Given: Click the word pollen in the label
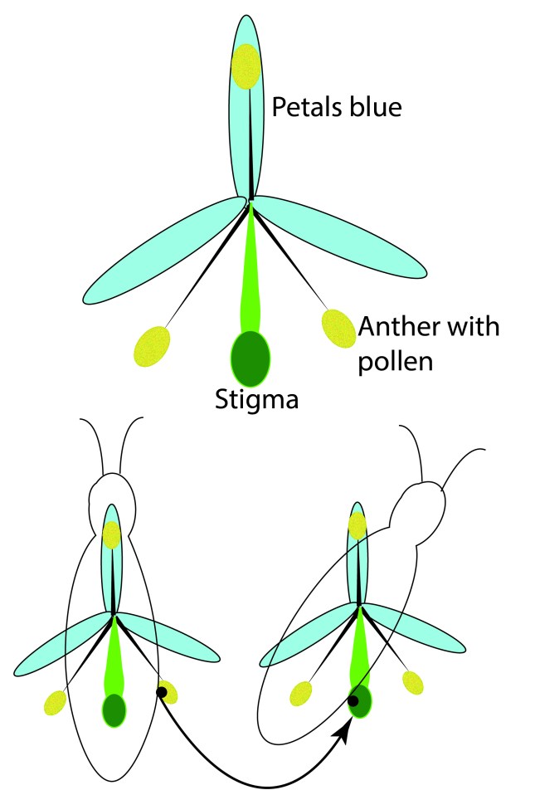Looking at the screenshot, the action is pyautogui.click(x=396, y=362).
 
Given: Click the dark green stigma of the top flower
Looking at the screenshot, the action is pyautogui.click(x=250, y=358).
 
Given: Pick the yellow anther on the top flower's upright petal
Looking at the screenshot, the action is pyautogui.click(x=246, y=66).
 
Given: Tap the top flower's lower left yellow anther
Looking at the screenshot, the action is pyautogui.click(x=152, y=346).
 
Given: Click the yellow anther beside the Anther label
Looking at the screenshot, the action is pyautogui.click(x=338, y=329).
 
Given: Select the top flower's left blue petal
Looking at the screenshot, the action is pyautogui.click(x=163, y=251).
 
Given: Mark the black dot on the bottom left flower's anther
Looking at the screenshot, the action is pyautogui.click(x=161, y=692).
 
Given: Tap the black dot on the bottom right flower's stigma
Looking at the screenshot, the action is pyautogui.click(x=353, y=700).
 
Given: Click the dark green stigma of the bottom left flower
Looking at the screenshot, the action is pyautogui.click(x=114, y=710).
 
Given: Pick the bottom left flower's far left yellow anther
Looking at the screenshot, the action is pyautogui.click(x=56, y=702).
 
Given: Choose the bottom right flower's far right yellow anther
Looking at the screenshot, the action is pyautogui.click(x=412, y=683).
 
